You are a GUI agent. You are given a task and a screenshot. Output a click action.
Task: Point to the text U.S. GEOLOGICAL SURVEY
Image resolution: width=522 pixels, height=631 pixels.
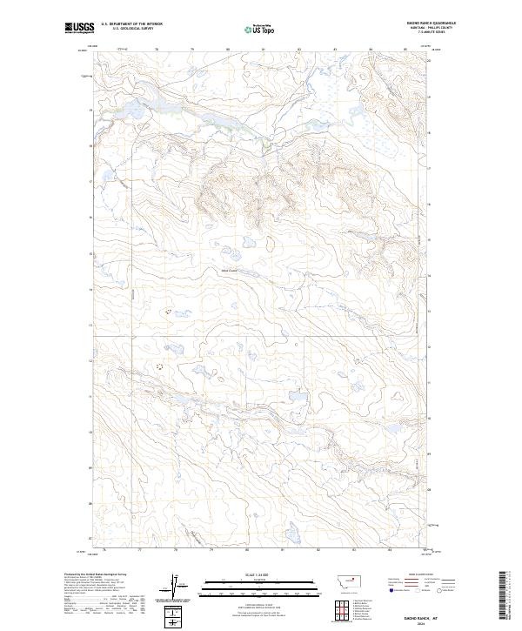pyautogui.click(x=125, y=30)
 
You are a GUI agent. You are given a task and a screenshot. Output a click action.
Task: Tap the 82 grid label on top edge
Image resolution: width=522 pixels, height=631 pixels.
pyautogui.click(x=299, y=50)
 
